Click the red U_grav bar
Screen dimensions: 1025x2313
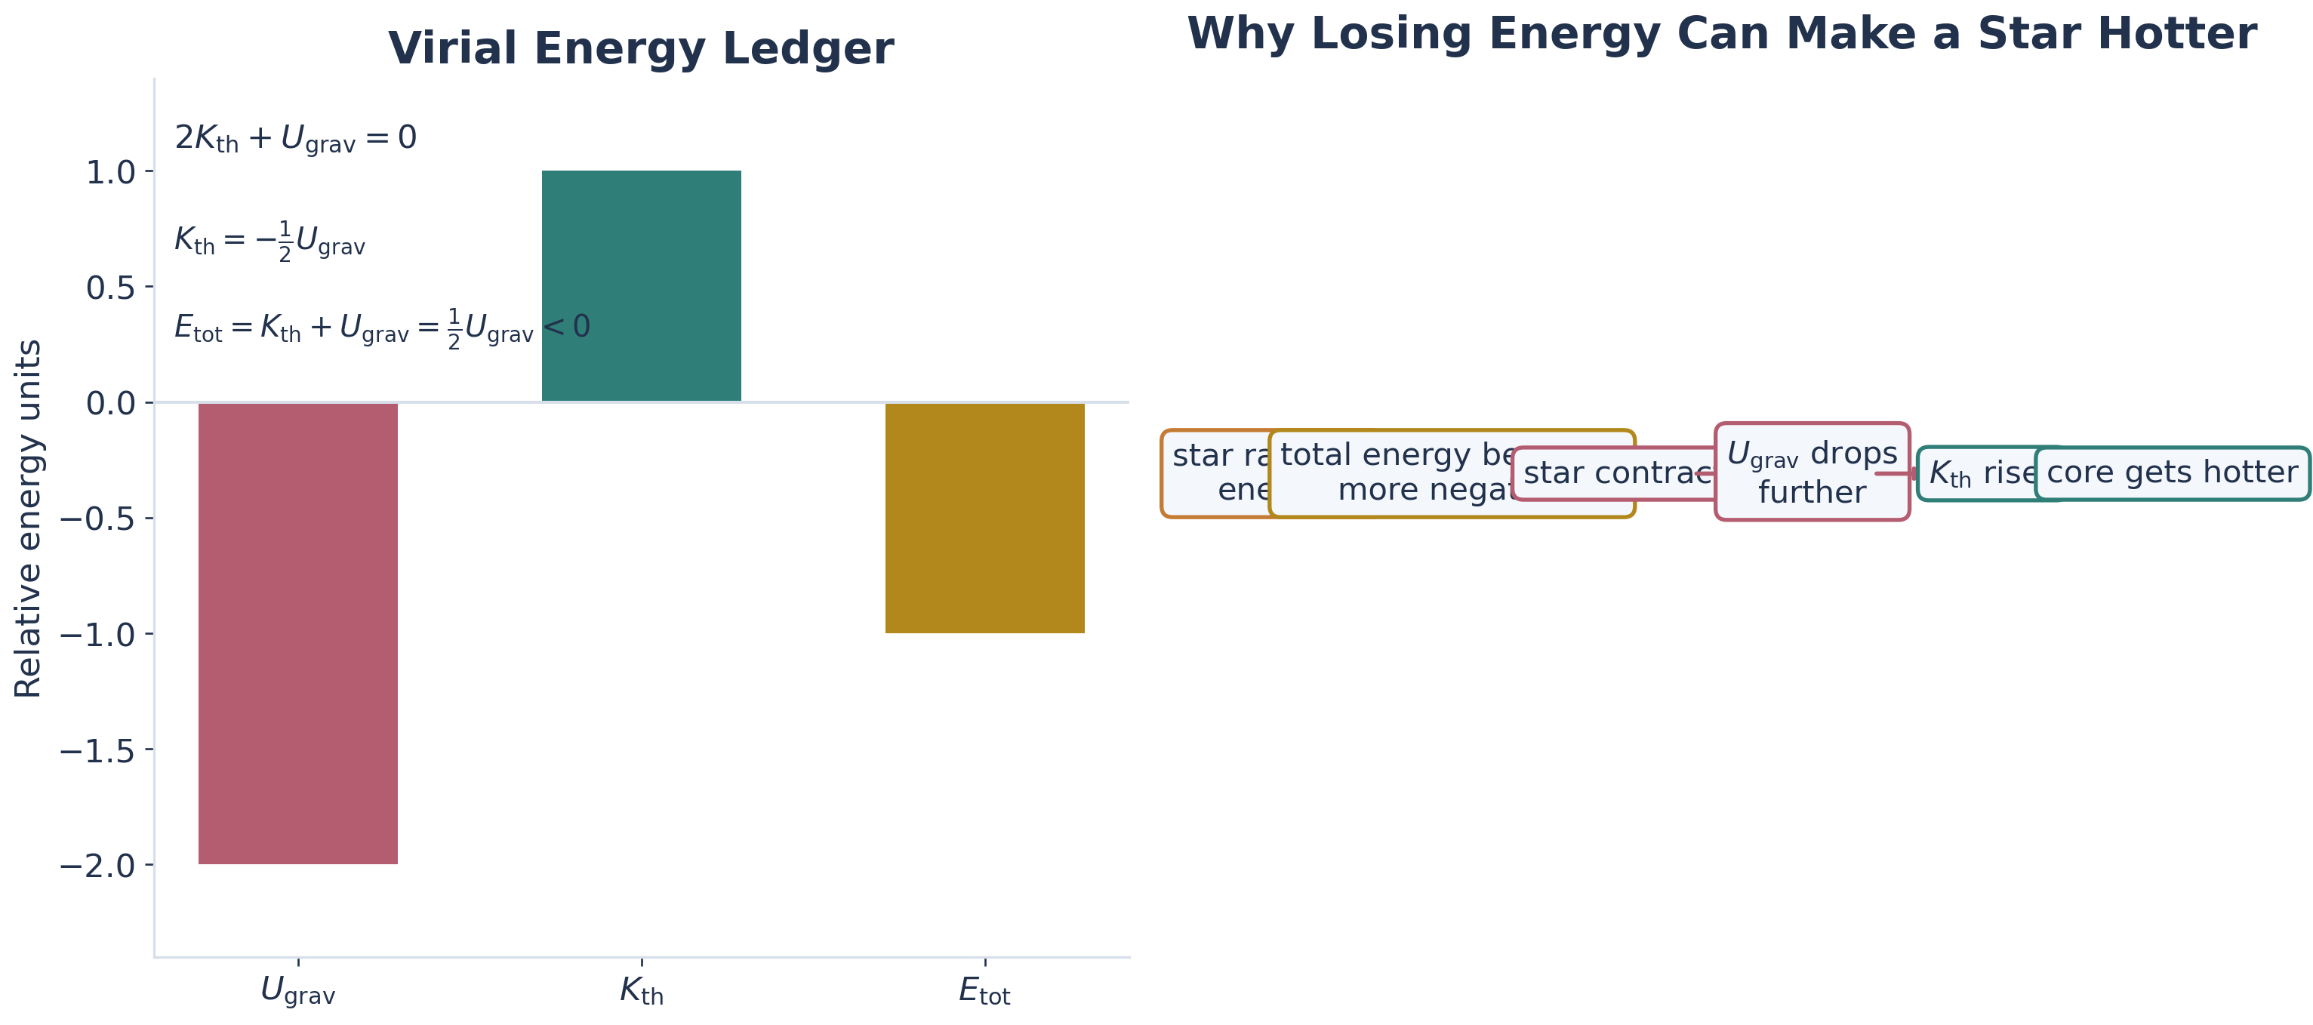(297, 633)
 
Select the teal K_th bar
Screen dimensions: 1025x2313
(641, 285)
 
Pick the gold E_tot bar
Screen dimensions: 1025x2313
(984, 518)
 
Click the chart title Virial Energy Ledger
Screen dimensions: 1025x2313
(640, 48)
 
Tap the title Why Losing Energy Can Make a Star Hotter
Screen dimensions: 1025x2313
(1721, 34)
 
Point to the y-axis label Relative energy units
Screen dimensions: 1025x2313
(29, 518)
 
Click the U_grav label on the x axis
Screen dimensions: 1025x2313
(297, 992)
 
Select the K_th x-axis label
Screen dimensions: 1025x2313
(641, 992)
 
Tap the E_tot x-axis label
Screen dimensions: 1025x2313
(984, 992)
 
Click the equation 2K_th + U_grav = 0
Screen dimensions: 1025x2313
(295, 138)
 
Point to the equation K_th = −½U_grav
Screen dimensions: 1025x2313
(269, 241)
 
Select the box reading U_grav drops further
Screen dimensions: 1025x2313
(1812, 472)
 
